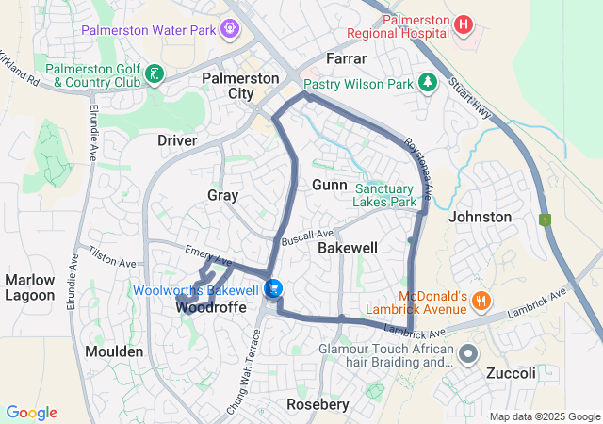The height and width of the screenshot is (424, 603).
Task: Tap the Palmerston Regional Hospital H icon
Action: tap(464, 24)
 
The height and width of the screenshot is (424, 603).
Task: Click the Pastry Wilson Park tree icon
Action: tap(428, 84)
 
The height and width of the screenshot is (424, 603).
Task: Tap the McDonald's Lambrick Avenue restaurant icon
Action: tap(481, 301)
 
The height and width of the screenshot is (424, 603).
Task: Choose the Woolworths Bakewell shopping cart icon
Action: tap(273, 287)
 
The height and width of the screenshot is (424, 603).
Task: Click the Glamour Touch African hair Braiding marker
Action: tap(468, 354)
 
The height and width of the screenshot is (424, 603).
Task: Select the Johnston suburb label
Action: tap(481, 217)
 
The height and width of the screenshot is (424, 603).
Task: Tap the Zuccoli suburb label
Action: tap(511, 373)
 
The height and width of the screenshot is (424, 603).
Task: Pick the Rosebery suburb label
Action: tap(318, 404)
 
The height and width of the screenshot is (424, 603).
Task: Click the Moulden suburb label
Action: tap(115, 351)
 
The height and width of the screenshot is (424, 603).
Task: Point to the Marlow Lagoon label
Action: tap(30, 287)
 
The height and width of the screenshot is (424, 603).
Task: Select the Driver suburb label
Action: tap(177, 140)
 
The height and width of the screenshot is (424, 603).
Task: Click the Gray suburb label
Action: tap(222, 195)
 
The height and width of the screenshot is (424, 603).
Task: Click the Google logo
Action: tap(31, 413)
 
